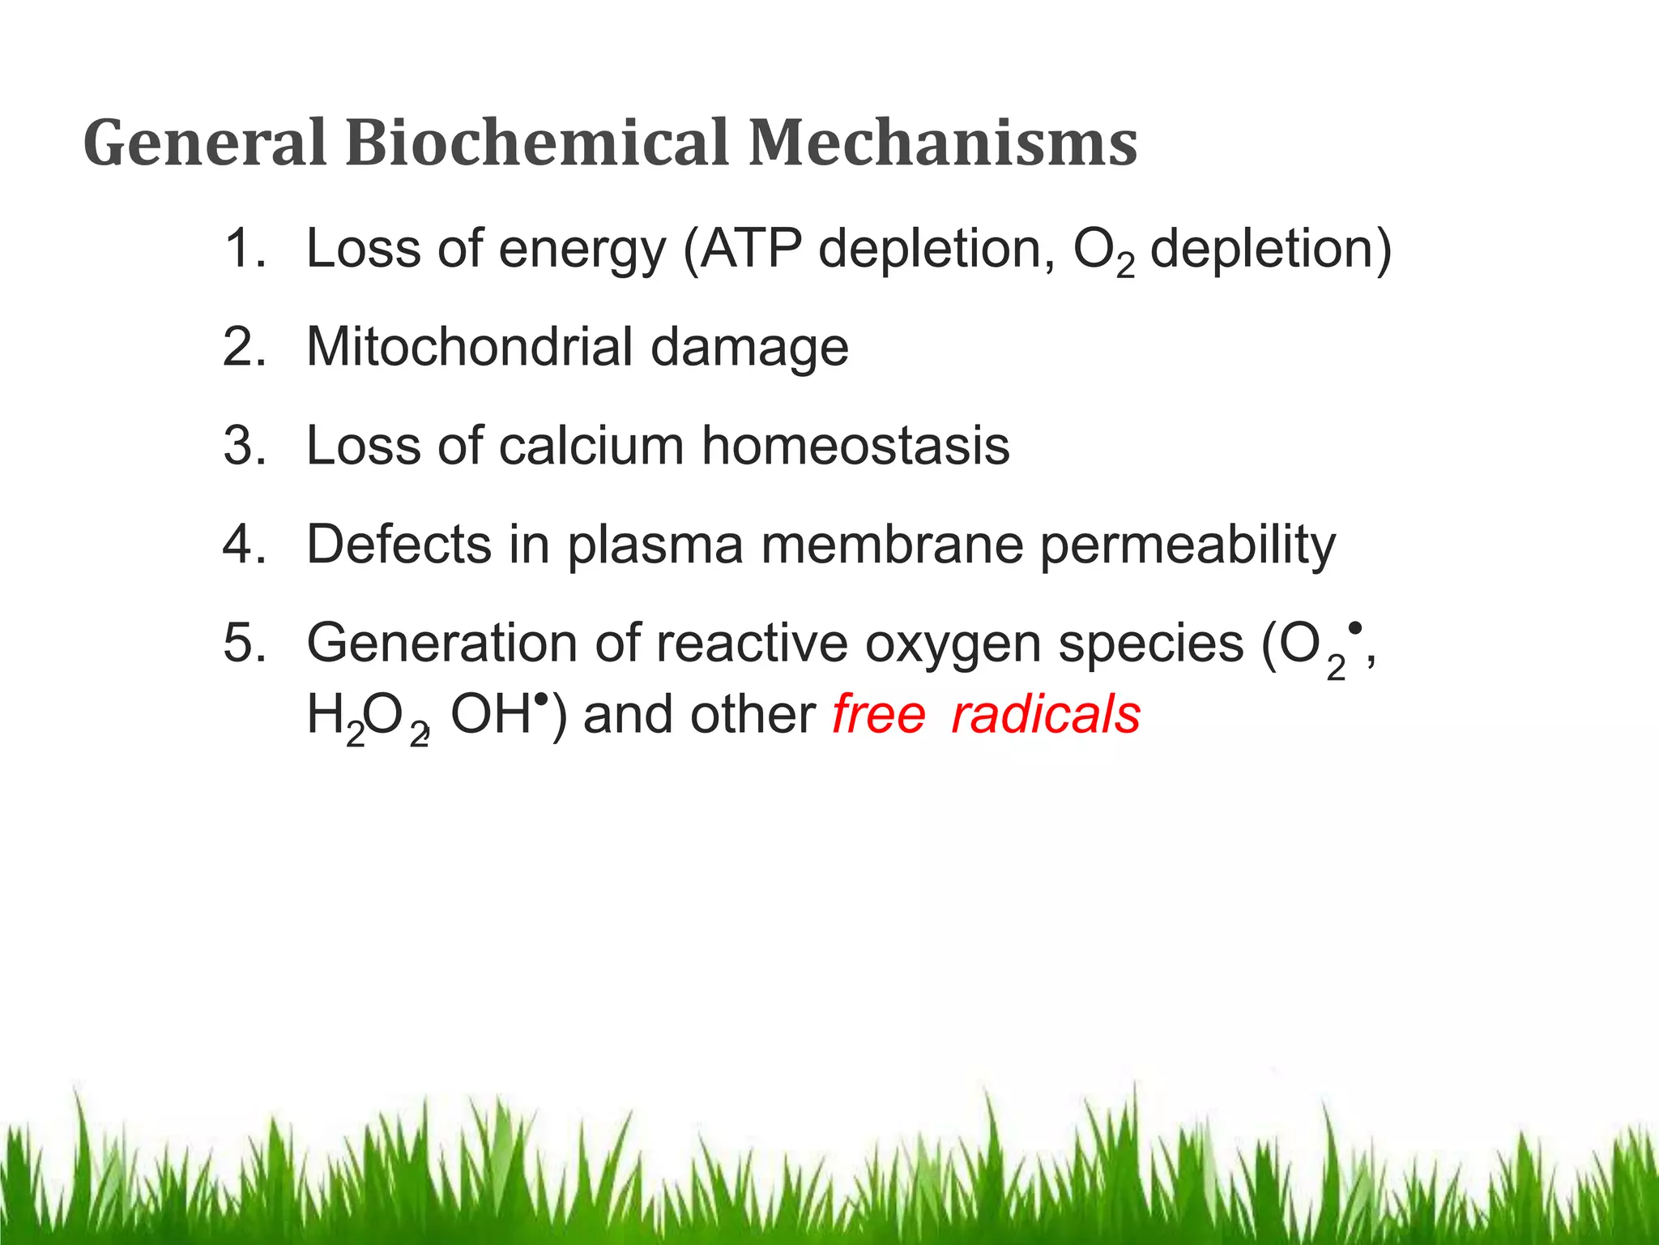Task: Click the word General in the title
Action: point(204,143)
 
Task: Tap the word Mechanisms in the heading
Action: point(942,143)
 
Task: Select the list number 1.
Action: point(242,248)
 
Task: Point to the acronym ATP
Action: point(751,248)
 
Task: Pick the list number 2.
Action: point(244,347)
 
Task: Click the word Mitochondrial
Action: point(469,347)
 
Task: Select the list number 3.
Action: point(244,446)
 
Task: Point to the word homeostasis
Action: point(855,446)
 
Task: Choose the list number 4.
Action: point(244,545)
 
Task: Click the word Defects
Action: point(399,545)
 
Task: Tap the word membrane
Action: point(892,545)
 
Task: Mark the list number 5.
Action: point(244,644)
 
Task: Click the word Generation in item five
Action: point(442,644)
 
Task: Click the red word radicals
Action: point(1046,715)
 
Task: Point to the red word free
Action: point(878,715)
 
